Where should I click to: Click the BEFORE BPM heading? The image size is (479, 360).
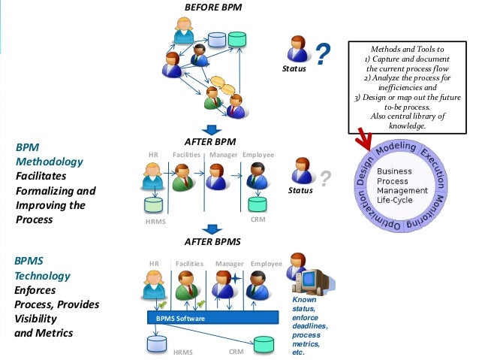214,8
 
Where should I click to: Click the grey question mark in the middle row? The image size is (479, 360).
325,178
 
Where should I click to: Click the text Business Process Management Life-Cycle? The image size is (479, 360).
402,186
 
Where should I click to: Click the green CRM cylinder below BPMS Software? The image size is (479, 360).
264,343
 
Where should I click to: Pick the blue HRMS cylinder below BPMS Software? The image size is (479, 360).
156,344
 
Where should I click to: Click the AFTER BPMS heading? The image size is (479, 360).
213,241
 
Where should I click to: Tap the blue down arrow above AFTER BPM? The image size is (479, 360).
213,131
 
